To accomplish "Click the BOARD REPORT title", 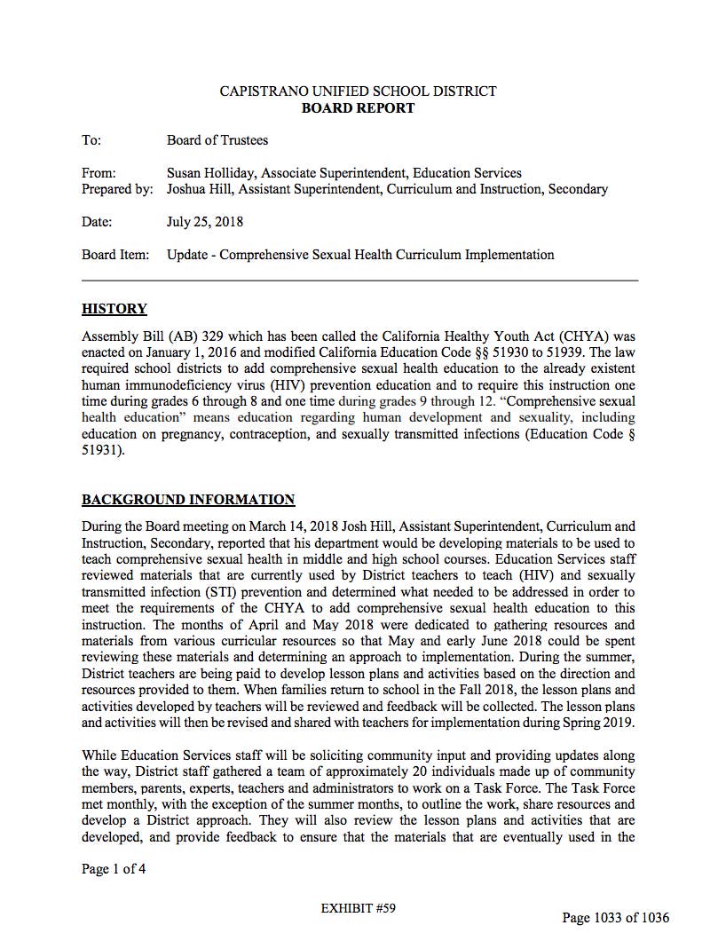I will pyautogui.click(x=358, y=108).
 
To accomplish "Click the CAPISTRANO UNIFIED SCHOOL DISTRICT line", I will pyautogui.click(x=358, y=91).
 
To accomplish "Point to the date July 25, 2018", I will pyautogui.click(x=205, y=222).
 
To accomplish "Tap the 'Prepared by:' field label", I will pyautogui.click(x=117, y=189).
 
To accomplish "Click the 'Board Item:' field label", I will pyautogui.click(x=116, y=255).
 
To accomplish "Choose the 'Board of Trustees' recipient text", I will pyautogui.click(x=217, y=140).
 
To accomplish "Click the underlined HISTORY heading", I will pyautogui.click(x=114, y=309).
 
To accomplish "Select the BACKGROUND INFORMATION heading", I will pyautogui.click(x=188, y=500).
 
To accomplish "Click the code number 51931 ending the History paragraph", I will pyautogui.click(x=102, y=450).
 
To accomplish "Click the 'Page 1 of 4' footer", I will pyautogui.click(x=114, y=869).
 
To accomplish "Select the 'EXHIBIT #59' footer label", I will pyautogui.click(x=358, y=908).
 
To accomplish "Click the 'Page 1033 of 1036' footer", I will pyautogui.click(x=616, y=917).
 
